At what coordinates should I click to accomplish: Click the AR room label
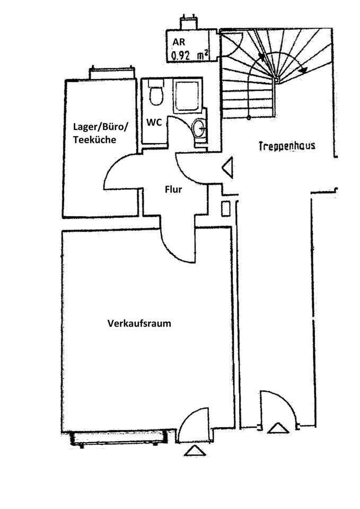(176, 42)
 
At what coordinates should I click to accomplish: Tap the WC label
(154, 121)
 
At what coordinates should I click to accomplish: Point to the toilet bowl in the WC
(156, 94)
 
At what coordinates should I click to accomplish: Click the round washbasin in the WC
(199, 128)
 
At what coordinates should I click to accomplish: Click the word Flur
(173, 188)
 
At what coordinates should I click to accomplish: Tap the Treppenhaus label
(286, 145)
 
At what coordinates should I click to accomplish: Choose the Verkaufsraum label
(139, 323)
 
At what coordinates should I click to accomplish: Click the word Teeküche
(94, 139)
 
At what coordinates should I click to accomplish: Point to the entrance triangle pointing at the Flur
(227, 169)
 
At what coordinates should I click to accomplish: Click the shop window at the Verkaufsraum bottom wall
(119, 439)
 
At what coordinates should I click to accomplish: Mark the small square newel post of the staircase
(276, 80)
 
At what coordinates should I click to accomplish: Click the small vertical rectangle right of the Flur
(225, 208)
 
